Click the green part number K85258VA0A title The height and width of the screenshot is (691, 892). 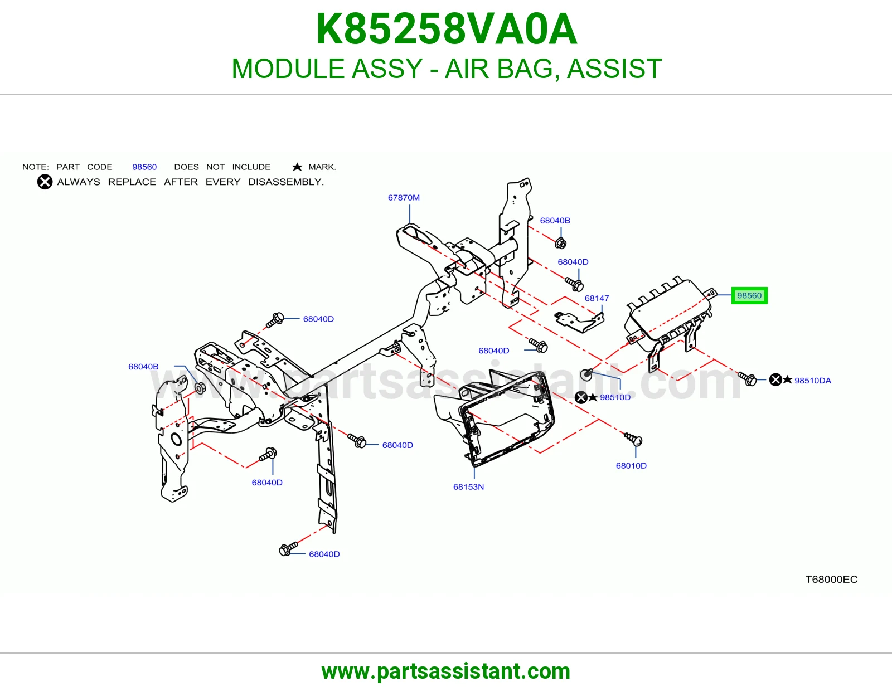447,29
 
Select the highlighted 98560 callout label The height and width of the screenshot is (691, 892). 749,295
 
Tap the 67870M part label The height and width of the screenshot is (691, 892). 404,197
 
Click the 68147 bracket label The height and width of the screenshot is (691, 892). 597,298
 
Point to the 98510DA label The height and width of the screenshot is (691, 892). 813,381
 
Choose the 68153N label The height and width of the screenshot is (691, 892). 468,486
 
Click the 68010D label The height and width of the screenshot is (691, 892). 631,465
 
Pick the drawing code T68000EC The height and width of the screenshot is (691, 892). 831,579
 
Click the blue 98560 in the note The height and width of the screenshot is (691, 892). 144,167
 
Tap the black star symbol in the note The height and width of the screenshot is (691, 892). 297,167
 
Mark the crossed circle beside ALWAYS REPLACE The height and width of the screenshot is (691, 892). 45,182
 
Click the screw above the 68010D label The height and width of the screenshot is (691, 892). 633,439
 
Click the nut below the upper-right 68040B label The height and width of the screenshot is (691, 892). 560,244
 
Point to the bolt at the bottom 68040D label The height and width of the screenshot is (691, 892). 288,548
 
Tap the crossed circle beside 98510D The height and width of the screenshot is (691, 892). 581,397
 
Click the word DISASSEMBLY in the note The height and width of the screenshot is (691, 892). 286,182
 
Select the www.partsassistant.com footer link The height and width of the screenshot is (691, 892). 446,671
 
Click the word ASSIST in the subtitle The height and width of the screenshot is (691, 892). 614,69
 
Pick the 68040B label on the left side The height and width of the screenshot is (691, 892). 143,367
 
